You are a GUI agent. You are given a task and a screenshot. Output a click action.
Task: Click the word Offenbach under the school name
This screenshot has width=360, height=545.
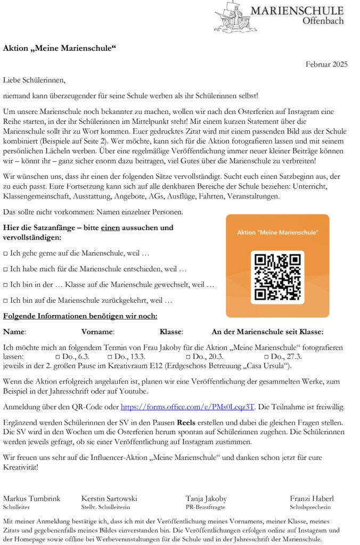323,21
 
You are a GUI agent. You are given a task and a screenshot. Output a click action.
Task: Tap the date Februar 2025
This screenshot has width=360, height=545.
326,64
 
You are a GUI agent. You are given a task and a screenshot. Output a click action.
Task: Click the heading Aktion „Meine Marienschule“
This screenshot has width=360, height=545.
60,48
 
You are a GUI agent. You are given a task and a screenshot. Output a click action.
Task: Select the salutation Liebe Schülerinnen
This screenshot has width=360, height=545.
34,80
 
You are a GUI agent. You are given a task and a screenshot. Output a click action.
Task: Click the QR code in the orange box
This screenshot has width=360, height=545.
277,277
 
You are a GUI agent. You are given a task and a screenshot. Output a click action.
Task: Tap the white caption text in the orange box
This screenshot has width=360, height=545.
277,233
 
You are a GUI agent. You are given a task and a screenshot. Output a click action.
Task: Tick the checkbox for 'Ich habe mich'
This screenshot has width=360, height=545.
6,269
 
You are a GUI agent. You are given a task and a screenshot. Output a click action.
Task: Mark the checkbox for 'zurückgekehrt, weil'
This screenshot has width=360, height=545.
6,301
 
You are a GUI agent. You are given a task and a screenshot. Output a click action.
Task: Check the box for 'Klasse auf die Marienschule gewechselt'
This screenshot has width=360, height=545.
6,285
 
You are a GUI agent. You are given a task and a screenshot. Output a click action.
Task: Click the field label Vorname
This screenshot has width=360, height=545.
97,332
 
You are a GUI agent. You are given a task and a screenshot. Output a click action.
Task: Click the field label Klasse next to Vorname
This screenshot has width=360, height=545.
171,332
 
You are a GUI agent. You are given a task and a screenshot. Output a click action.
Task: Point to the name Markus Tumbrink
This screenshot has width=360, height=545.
32,499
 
